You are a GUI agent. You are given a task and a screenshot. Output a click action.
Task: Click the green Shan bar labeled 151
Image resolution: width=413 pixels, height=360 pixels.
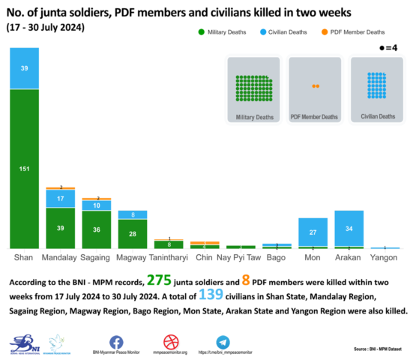tap(24, 169)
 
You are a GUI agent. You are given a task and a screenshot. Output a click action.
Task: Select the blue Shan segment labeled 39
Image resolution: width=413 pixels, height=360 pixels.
tap(24, 67)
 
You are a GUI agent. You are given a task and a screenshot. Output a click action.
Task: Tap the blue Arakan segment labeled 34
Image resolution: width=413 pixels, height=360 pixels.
tap(349, 228)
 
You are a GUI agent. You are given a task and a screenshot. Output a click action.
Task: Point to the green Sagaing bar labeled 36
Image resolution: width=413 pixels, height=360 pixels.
tap(96, 229)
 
